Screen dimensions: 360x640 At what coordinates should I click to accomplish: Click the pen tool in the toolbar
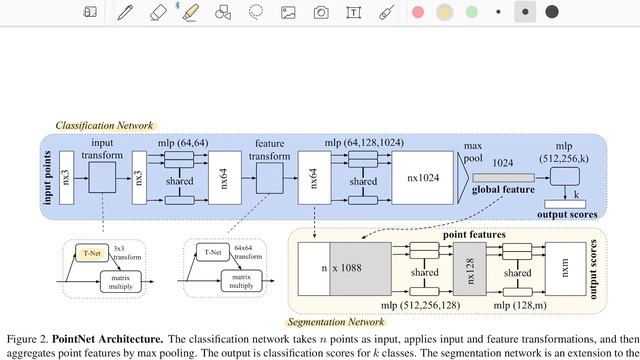click(124, 12)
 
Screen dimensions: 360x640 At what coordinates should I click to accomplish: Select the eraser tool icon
click(157, 12)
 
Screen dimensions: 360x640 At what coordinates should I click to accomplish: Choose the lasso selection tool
click(256, 12)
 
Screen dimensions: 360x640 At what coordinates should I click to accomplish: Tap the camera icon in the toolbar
click(320, 12)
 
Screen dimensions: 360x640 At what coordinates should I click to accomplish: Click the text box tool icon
click(353, 12)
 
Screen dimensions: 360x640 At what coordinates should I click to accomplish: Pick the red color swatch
click(418, 12)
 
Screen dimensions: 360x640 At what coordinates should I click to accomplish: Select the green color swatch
click(471, 12)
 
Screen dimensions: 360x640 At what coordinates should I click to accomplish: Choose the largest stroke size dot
click(551, 12)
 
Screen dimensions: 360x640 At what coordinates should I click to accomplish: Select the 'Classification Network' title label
click(105, 126)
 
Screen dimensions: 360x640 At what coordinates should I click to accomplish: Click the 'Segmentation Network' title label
click(335, 322)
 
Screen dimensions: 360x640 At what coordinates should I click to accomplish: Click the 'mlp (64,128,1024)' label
click(364, 143)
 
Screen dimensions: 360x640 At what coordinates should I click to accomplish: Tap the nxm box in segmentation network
click(567, 267)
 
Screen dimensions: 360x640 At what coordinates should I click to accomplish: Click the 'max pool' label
click(472, 152)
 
